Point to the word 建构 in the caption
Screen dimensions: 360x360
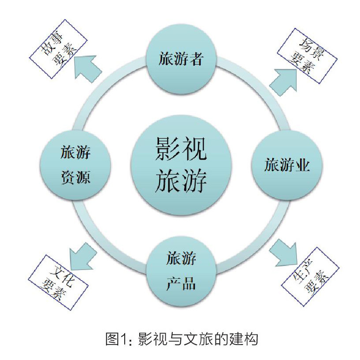pos(245,339)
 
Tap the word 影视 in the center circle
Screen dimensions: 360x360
pos(181,149)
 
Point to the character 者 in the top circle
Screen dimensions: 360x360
pos(197,59)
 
